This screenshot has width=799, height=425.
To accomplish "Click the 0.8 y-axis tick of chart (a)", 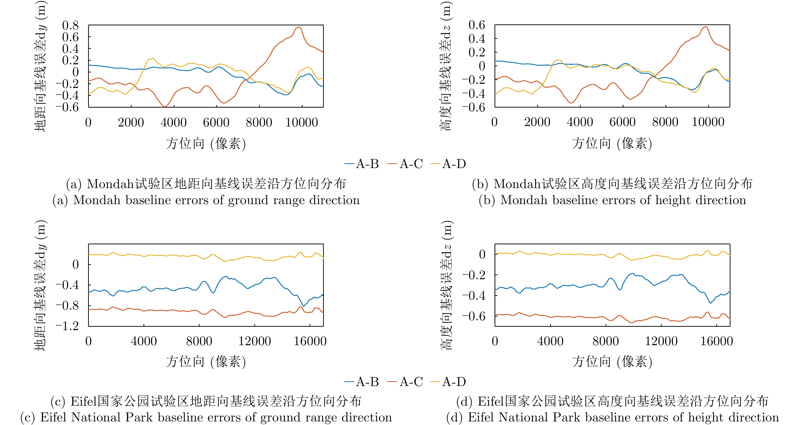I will click(x=70, y=25).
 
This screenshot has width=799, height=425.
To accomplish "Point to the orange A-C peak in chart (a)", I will click(x=299, y=27).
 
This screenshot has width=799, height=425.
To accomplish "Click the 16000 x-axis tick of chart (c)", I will click(x=310, y=341).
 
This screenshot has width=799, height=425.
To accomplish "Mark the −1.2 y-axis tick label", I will click(x=67, y=326).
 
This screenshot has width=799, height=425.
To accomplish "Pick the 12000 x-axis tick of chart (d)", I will click(x=661, y=341).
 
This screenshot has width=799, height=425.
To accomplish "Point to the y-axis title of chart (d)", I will click(x=447, y=285).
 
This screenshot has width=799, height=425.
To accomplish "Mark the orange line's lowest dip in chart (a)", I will click(x=165, y=106).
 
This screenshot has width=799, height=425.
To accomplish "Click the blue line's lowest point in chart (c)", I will click(x=303, y=306).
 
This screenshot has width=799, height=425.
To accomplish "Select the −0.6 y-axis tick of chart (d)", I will click(x=474, y=316).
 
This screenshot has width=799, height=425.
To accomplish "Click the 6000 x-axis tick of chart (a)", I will click(x=216, y=122).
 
